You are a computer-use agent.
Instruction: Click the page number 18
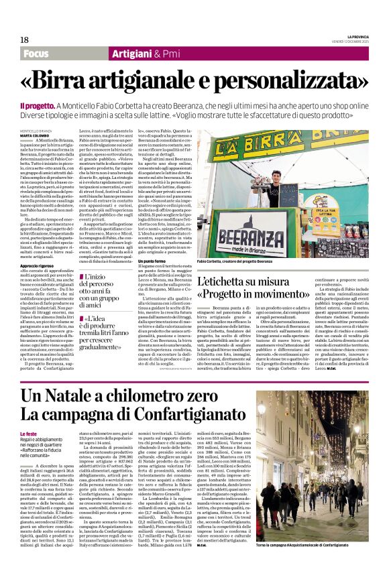(25, 40)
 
